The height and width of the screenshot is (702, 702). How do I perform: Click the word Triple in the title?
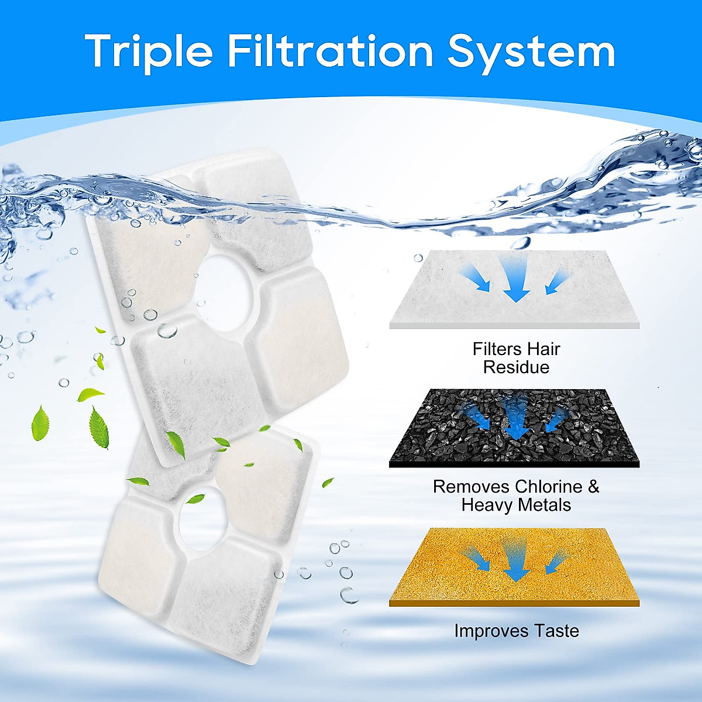coord(149,51)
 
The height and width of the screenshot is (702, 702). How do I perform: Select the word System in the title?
coord(531,51)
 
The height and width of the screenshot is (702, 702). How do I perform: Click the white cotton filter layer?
coord(515,290)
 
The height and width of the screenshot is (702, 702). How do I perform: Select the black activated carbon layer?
coord(515,427)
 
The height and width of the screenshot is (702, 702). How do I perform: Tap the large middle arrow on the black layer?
coord(515,418)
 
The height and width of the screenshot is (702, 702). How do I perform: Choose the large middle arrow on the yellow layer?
coord(515,562)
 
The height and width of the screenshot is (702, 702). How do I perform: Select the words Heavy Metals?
coord(516,505)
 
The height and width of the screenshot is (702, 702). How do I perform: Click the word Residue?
coord(516,367)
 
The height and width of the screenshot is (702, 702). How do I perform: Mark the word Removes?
coord(472,487)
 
